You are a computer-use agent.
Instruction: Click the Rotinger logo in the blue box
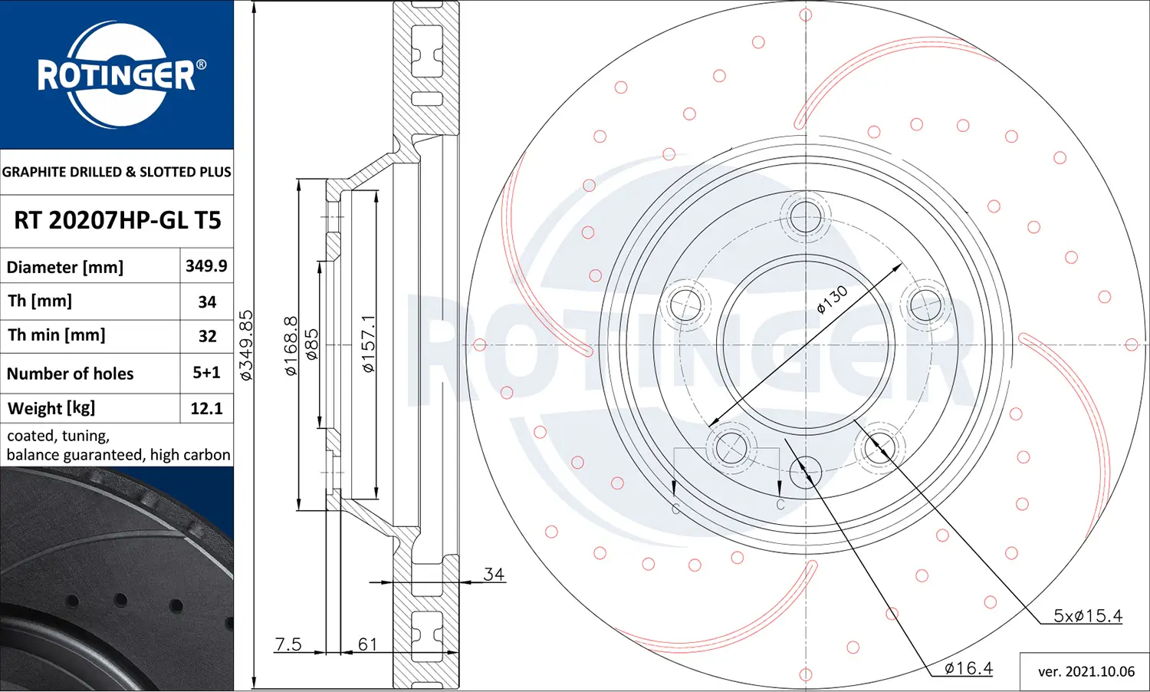coord(117,75)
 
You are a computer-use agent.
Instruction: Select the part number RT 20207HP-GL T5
coord(117,221)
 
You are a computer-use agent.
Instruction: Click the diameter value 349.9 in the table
coord(206,266)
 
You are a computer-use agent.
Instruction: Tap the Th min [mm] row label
coord(57,335)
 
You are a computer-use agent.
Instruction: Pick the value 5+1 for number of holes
coord(206,373)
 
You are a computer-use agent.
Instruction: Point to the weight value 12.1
coord(206,408)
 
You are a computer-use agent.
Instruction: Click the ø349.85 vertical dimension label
coord(246,345)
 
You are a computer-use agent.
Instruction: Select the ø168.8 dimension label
coord(291,345)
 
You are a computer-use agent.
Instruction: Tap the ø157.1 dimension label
coord(369,344)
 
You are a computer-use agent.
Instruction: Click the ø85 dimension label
coord(311,345)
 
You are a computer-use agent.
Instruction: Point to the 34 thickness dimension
coord(494,574)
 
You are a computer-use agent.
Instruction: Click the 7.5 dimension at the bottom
coord(288,644)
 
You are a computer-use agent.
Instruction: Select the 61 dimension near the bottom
coord(368,644)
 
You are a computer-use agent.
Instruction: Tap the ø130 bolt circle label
coord(833,299)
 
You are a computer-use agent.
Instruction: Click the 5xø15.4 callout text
coord(1087,615)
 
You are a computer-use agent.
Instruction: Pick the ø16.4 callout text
coord(968,668)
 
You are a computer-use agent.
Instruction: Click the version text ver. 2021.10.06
coord(1086,671)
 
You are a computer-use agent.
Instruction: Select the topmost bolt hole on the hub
coord(805,217)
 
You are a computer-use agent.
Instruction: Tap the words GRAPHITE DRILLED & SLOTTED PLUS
coord(117,172)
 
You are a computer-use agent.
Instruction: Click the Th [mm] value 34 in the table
coord(207,302)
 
